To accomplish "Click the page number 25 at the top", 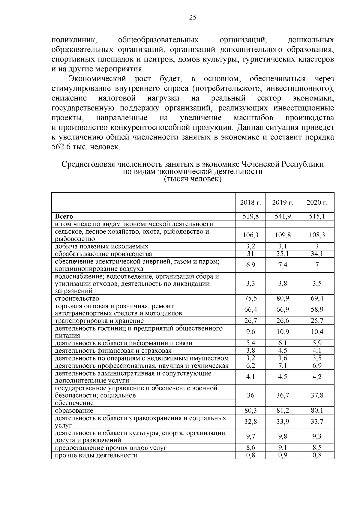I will click(x=193, y=17).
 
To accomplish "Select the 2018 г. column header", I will click(x=250, y=202).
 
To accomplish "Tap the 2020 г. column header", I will click(x=317, y=202).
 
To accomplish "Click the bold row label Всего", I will click(x=64, y=217).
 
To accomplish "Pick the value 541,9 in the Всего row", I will click(x=283, y=217).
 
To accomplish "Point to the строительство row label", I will click(x=77, y=298).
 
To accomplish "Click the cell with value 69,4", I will click(x=317, y=298).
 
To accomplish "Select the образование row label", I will click(x=74, y=411).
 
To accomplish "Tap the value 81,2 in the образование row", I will click(x=283, y=411).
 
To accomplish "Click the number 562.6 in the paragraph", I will click(x=61, y=147).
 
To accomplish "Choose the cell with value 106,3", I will click(x=250, y=235).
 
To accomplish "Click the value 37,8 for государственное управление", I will click(x=317, y=395).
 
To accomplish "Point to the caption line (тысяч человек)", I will click(x=193, y=179).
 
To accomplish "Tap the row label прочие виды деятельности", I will click(x=96, y=455).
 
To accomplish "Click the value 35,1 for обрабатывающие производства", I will click(x=283, y=254).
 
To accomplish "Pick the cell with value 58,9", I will click(x=317, y=310).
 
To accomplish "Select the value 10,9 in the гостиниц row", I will click(x=283, y=332).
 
